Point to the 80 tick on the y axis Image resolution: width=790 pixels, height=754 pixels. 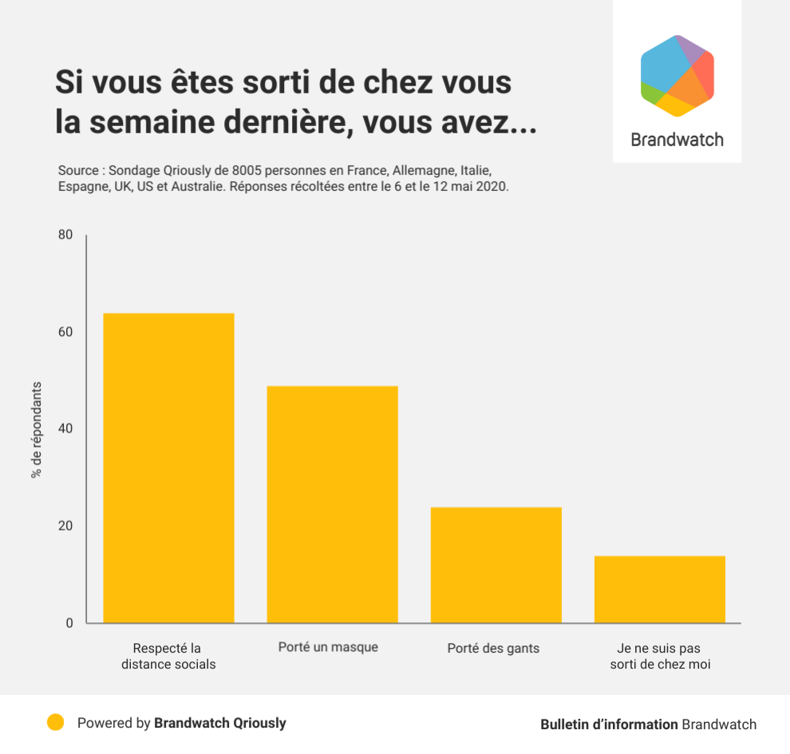click(65, 235)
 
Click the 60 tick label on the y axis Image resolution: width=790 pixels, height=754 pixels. click(65, 332)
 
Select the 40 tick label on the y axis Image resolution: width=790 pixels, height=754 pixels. click(65, 428)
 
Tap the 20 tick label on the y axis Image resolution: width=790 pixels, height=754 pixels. click(65, 526)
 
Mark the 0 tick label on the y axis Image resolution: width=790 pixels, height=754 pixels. click(69, 623)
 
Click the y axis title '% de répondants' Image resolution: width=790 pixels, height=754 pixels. click(36, 429)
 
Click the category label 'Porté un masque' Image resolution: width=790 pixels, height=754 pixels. click(328, 647)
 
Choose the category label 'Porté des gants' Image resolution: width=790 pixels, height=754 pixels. click(493, 648)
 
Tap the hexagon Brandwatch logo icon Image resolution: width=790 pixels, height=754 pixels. click(677, 76)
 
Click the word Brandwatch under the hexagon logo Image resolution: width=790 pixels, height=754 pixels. click(677, 140)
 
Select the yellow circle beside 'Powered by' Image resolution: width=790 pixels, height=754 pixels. click(55, 723)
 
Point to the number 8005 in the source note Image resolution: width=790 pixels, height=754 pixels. click(244, 171)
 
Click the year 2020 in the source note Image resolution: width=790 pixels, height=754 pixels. click(493, 187)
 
